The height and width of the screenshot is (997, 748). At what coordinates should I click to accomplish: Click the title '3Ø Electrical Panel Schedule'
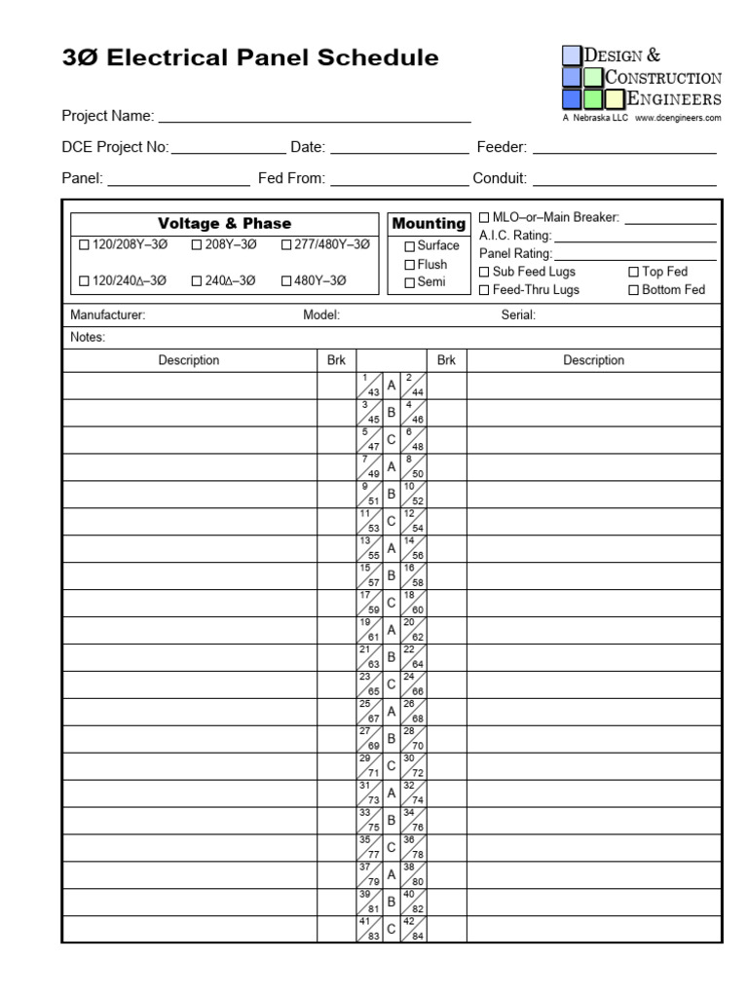(x=250, y=58)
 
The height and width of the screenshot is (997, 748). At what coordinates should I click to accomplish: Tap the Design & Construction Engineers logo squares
(x=593, y=78)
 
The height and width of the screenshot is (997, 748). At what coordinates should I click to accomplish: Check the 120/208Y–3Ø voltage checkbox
(x=84, y=245)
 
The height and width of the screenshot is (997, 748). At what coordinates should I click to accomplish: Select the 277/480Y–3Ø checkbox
(x=286, y=245)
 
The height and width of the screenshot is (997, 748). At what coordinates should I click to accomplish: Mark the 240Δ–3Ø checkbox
(x=197, y=281)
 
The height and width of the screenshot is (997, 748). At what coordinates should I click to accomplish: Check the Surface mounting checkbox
(x=410, y=246)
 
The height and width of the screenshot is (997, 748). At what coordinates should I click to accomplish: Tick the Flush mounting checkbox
(x=410, y=265)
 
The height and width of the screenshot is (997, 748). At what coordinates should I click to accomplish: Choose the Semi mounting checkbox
(x=410, y=283)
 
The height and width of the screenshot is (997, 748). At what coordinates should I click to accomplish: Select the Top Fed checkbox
(x=634, y=273)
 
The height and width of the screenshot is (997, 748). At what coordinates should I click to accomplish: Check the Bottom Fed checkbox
(x=634, y=290)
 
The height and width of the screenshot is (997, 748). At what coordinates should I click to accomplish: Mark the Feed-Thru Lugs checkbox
(x=485, y=290)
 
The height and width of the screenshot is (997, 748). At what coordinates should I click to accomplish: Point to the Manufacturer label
(x=108, y=315)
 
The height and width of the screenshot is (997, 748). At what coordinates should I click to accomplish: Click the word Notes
(x=88, y=338)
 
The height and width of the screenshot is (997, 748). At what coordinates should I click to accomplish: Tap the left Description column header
(x=189, y=360)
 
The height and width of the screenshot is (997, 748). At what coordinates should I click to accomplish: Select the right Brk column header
(x=446, y=360)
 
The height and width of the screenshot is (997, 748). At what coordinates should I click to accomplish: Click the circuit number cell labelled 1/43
(x=370, y=386)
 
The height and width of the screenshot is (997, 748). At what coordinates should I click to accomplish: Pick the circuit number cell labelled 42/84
(x=414, y=929)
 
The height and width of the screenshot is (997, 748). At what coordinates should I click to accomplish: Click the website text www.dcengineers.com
(x=678, y=118)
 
